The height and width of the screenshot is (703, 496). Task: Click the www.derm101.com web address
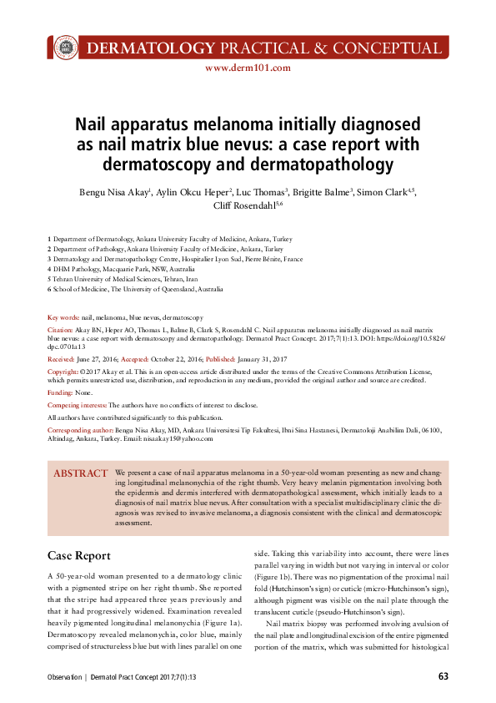coord(248,68)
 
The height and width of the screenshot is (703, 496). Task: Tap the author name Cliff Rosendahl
coord(246,205)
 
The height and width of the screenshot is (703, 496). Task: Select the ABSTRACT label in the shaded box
coord(80,473)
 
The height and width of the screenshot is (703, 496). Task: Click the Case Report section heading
coord(79,555)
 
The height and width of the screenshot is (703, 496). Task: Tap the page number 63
coord(443,676)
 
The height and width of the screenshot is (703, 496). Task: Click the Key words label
coord(63,318)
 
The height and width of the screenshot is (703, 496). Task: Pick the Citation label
coord(60,331)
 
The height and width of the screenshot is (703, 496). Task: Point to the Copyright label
coord(63,370)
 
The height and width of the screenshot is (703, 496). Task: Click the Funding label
coord(60,392)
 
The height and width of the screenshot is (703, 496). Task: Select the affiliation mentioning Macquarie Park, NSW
coord(125,271)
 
